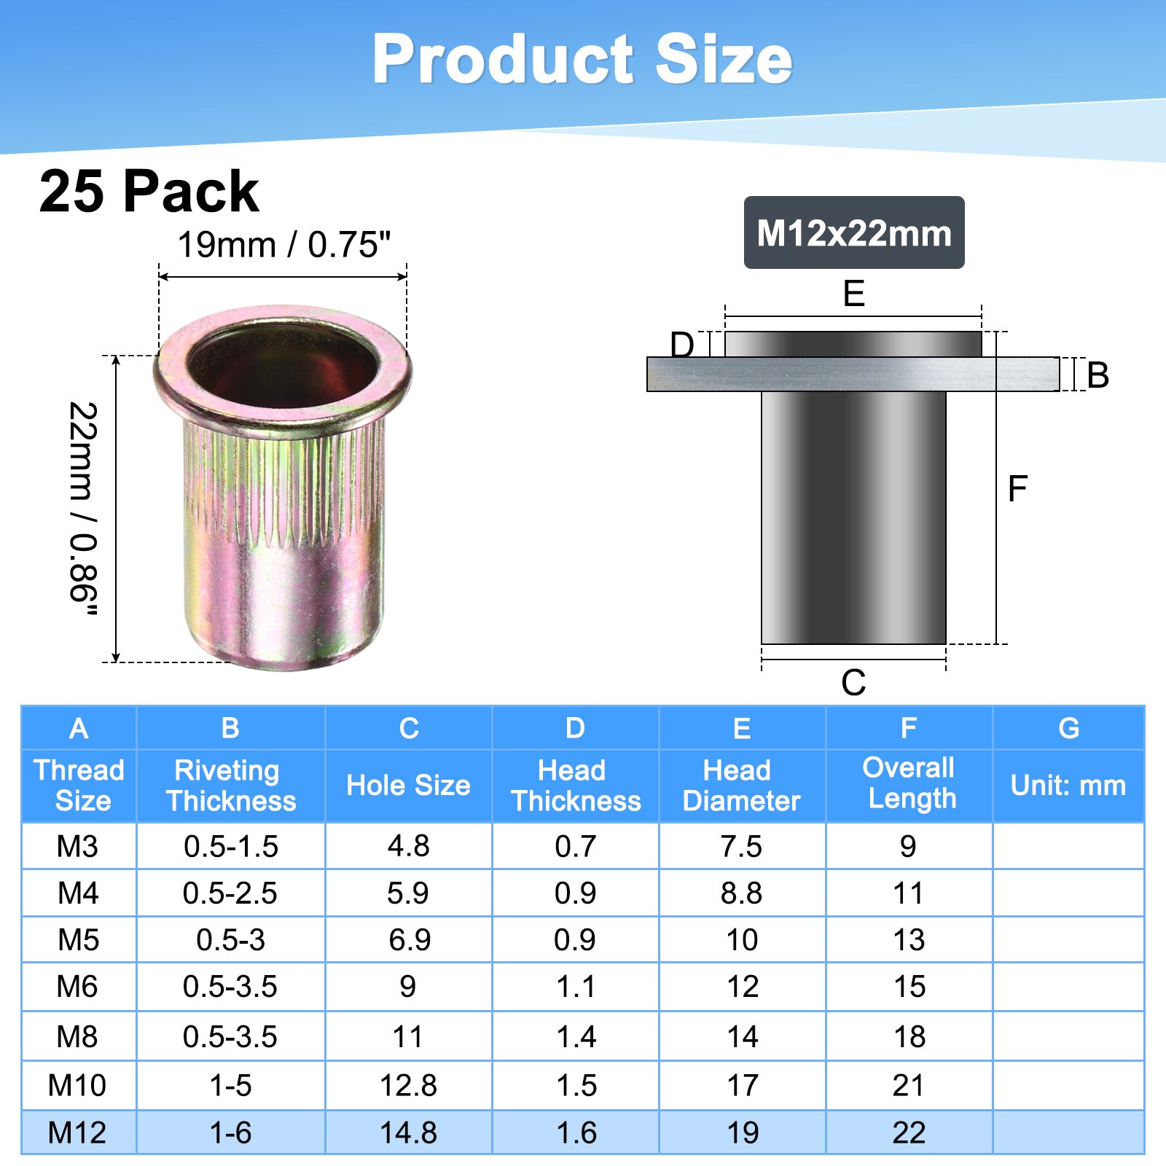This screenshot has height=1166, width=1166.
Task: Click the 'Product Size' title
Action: (x=582, y=59)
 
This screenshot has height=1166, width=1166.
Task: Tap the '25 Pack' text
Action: (x=149, y=192)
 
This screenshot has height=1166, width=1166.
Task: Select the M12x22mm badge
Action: (x=854, y=232)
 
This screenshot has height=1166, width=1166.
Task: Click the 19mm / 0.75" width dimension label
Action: (x=284, y=245)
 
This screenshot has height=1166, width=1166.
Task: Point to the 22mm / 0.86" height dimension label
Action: (x=83, y=509)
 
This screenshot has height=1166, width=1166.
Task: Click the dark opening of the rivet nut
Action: (x=283, y=363)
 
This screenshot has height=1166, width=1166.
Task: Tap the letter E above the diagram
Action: (x=853, y=294)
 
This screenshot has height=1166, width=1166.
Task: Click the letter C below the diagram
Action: (x=853, y=684)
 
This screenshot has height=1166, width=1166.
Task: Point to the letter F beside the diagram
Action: (x=1017, y=488)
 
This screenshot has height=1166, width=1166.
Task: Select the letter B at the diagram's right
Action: (x=1097, y=375)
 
